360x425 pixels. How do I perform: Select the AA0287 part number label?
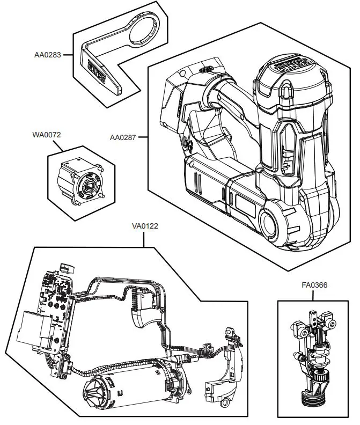tap(122, 137)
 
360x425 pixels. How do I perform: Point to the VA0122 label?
tap(145, 226)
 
